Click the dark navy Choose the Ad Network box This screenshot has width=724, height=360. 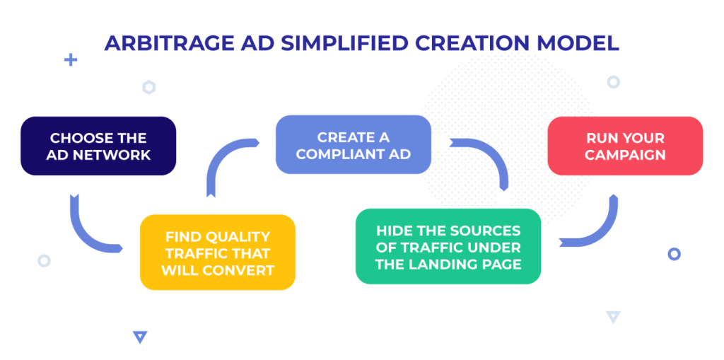(98, 146)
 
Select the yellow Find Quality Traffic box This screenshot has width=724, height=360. (217, 252)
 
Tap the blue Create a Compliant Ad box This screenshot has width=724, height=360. (353, 145)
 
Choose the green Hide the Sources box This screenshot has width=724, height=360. (448, 247)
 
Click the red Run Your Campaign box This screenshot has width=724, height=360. (625, 146)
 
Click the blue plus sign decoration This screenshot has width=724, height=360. (70, 60)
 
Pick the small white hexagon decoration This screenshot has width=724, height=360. (148, 88)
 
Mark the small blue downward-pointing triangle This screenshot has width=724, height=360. (140, 337)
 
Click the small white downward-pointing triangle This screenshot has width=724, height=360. (613, 317)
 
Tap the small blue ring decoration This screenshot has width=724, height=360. (675, 254)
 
